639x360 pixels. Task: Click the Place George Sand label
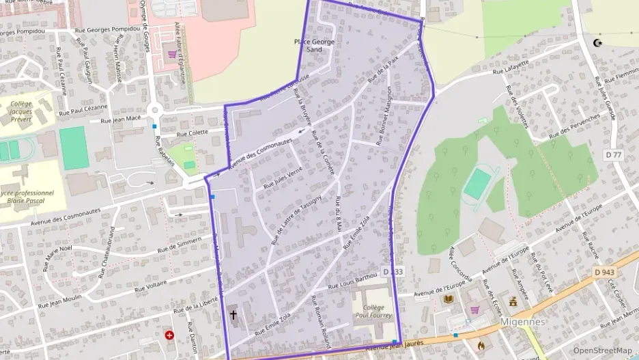point(314,46)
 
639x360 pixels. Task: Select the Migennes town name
point(523,321)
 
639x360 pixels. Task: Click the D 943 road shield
point(604,272)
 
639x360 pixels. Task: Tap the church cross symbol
point(233,315)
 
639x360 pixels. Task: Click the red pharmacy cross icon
point(169,335)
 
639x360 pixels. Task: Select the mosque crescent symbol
point(599,43)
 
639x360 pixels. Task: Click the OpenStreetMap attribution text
point(603,350)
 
